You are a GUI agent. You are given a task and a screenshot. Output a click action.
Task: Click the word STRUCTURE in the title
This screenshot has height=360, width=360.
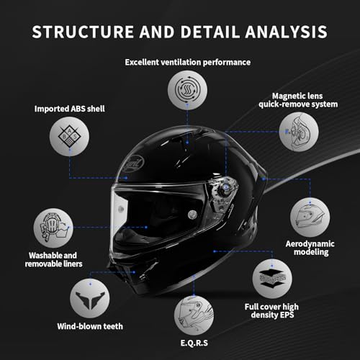(x=83, y=32)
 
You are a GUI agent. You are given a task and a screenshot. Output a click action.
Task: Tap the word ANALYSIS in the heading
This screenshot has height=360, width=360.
(x=287, y=32)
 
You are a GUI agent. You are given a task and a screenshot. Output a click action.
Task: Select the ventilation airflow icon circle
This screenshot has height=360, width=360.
(x=187, y=90)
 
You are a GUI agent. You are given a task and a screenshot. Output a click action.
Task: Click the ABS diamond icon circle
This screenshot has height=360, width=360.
(x=69, y=136)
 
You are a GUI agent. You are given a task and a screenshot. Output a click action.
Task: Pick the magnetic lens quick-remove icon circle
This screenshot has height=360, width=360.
(x=299, y=132)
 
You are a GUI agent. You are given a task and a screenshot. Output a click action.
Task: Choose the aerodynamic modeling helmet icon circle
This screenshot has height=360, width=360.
(x=310, y=217)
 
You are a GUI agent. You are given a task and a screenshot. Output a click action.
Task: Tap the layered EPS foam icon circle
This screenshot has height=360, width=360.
(x=272, y=279)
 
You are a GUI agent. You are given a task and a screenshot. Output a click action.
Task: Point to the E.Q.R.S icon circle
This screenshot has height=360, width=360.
(x=194, y=315)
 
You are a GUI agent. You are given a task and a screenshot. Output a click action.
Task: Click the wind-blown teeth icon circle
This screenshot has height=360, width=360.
(x=90, y=299)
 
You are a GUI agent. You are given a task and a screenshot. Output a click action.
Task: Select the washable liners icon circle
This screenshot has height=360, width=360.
(x=53, y=228)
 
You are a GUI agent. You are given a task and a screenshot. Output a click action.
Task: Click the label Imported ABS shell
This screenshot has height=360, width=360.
(x=70, y=109)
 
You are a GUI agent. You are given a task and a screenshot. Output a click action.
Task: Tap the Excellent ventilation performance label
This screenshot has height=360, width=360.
(x=188, y=62)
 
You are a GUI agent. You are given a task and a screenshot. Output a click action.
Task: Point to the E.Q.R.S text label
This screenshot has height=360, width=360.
(x=194, y=343)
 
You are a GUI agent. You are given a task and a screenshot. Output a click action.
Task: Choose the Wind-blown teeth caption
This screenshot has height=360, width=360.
(x=90, y=326)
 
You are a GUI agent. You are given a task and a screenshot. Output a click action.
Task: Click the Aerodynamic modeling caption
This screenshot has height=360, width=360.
(x=310, y=248)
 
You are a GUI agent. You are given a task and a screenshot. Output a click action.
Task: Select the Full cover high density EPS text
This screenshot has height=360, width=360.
(x=272, y=310)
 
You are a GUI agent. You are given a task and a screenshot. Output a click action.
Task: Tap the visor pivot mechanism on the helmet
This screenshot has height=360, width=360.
(x=222, y=192)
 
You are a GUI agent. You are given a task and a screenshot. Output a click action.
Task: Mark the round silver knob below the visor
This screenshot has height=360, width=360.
(x=192, y=215)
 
